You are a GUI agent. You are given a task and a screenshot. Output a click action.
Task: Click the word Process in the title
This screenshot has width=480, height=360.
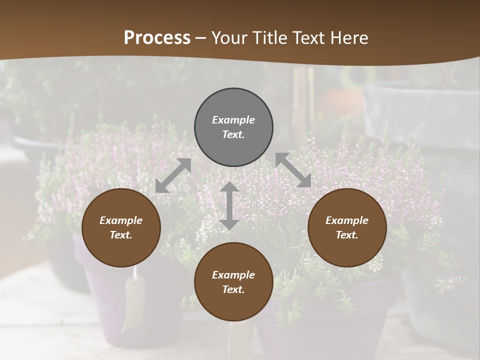157,38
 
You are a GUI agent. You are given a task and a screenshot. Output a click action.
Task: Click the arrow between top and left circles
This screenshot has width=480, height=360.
173,175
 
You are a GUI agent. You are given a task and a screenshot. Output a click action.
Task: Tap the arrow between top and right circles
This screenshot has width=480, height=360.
293,170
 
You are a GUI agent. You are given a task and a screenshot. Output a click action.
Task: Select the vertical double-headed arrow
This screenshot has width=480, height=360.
229,205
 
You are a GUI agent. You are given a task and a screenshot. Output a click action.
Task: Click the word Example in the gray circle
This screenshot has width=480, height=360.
233,120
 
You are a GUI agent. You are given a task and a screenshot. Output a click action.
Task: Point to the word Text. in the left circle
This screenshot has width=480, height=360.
121,235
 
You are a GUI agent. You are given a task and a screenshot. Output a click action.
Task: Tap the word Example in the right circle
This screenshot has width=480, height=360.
347,220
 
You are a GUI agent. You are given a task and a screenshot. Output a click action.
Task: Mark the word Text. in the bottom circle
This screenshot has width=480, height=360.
233,289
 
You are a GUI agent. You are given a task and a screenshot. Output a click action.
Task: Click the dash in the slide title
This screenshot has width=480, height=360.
200,38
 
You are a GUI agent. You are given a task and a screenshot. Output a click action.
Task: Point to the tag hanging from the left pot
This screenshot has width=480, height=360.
133,300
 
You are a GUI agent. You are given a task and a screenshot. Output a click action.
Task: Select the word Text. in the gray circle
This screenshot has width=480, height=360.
233,134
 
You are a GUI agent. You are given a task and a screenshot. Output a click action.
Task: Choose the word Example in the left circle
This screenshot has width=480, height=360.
121,220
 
